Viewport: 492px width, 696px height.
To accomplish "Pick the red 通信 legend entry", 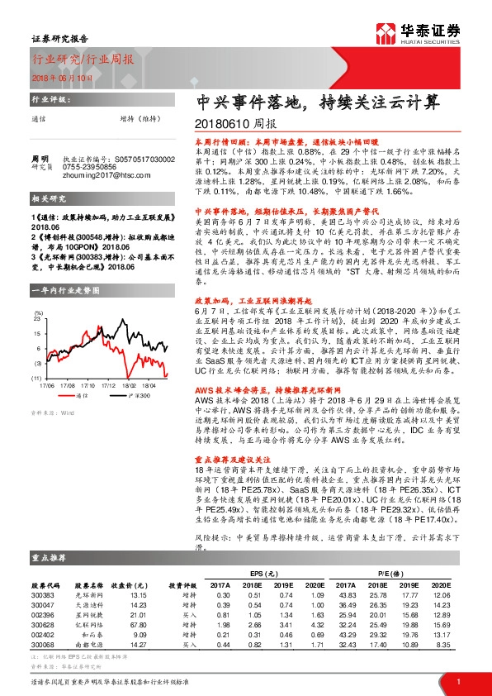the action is pyautogui.click(x=78, y=373).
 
